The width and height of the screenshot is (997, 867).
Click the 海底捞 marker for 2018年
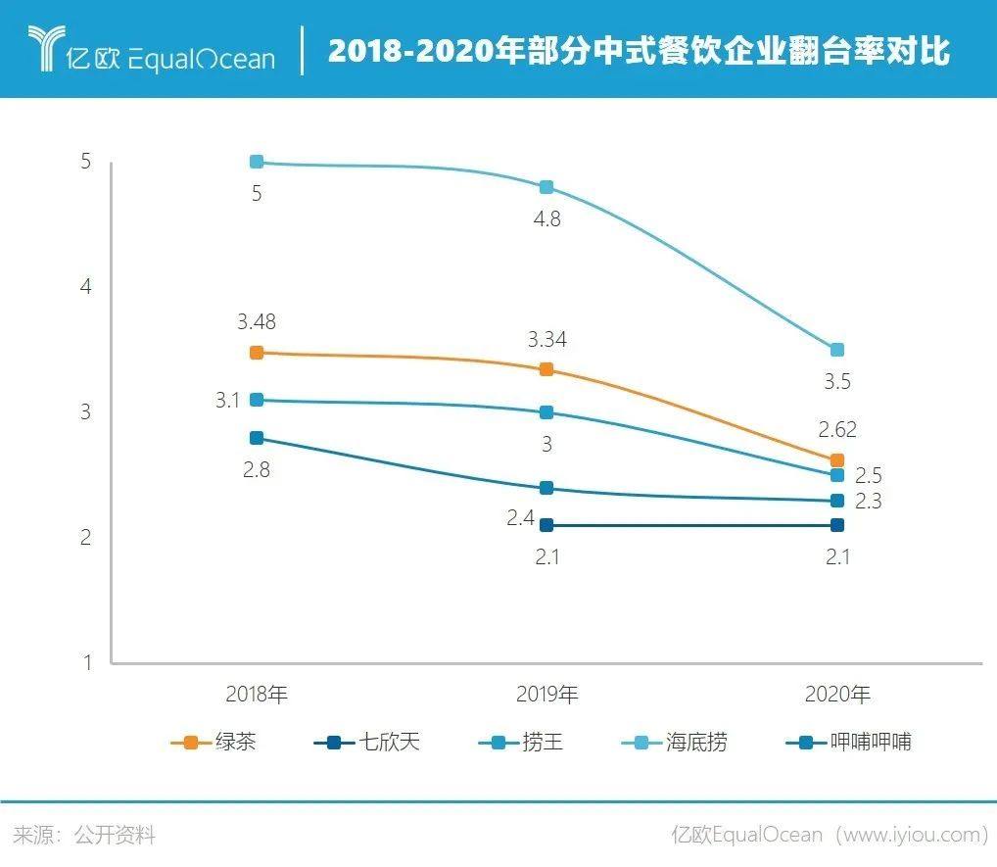coord(257,163)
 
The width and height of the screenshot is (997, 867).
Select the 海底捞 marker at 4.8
coord(546,187)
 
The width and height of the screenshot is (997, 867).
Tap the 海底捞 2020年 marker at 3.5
coord(837,350)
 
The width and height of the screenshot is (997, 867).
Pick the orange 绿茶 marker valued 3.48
coord(257,353)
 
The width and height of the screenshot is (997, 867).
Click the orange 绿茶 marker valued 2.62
coord(837,460)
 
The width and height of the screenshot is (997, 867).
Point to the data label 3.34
coord(546,340)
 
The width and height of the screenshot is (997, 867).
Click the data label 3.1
coord(228,400)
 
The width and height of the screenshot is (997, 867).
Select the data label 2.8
coord(257,469)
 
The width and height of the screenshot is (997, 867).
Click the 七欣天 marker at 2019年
coord(546,525)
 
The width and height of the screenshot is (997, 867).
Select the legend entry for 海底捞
coord(675,742)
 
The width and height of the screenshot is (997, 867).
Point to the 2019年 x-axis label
coord(546,695)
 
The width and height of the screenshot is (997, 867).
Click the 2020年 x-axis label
coord(837,695)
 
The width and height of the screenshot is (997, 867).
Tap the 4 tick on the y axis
coord(86,287)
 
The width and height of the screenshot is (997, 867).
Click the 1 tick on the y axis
coord(86,662)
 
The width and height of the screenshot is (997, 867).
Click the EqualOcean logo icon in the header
coord(44,49)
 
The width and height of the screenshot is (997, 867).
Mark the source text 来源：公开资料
coord(83,835)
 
